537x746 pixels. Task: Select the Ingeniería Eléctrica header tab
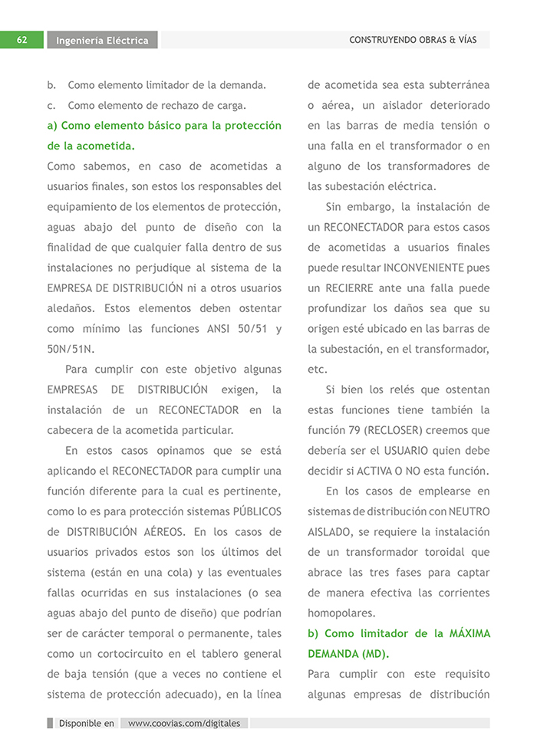[102, 41]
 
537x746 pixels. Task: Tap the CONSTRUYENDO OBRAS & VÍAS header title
[413, 40]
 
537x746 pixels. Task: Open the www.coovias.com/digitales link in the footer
[184, 723]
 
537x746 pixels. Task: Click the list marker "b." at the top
[51, 84]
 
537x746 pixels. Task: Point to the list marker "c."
[51, 105]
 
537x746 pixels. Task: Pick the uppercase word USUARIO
[413, 451]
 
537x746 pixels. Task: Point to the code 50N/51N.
[71, 349]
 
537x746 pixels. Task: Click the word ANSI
[215, 329]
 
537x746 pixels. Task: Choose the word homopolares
[342, 613]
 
